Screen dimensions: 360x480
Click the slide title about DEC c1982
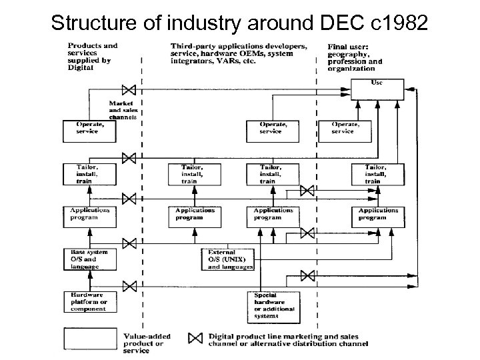click(239, 21)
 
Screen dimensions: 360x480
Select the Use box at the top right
click(377, 87)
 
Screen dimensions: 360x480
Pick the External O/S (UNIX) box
click(228, 259)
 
